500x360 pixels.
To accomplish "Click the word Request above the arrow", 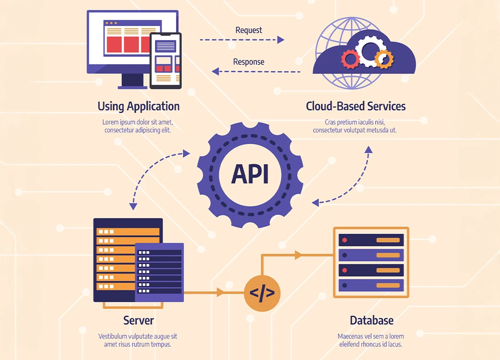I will [x=249, y=30].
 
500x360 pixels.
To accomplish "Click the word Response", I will [x=249, y=62].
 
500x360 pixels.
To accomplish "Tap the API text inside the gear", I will [x=250, y=174].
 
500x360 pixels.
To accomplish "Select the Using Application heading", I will [x=139, y=106].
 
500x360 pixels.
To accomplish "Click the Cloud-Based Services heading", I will [x=356, y=106].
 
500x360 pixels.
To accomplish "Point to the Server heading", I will [x=139, y=320].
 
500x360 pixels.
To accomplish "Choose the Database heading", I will [x=372, y=320].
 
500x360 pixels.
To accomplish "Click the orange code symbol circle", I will [x=262, y=293].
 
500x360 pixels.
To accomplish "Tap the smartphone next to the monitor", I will [x=166, y=60].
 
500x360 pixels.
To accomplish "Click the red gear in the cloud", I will [x=350, y=59].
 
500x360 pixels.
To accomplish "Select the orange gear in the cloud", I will [x=383, y=58].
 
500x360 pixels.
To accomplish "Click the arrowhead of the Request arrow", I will [x=281, y=40].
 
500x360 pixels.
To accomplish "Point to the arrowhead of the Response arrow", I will [x=215, y=71].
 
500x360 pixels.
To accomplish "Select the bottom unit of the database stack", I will [x=371, y=285].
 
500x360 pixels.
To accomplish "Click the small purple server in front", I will [x=160, y=272].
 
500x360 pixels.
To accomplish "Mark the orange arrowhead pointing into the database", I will [x=299, y=255].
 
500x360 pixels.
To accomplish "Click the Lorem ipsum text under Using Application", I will [x=138, y=126].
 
